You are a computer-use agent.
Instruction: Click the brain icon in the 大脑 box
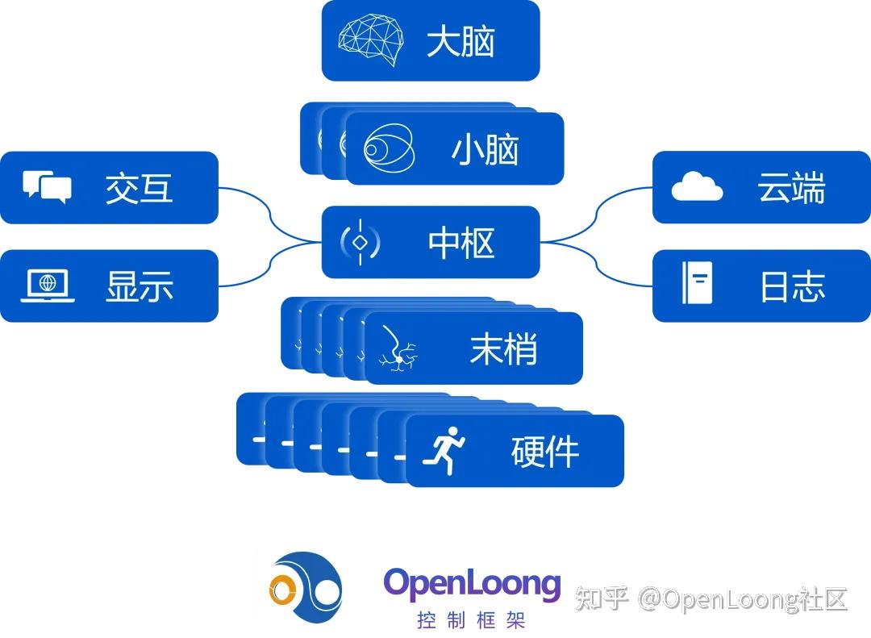370,41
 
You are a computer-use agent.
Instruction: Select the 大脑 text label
461,42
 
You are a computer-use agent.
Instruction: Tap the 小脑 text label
485,150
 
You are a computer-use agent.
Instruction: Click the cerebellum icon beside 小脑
389,149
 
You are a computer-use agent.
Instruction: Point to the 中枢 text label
461,243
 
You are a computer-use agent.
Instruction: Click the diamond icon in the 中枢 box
360,242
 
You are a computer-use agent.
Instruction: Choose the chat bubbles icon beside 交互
47,187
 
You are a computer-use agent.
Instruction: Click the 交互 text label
139,188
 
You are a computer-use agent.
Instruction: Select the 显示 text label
139,286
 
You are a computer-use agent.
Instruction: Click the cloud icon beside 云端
697,186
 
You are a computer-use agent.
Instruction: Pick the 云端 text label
790,188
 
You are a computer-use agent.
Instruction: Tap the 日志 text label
792,286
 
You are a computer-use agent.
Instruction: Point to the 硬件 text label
545,452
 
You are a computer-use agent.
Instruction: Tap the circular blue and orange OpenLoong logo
306,586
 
